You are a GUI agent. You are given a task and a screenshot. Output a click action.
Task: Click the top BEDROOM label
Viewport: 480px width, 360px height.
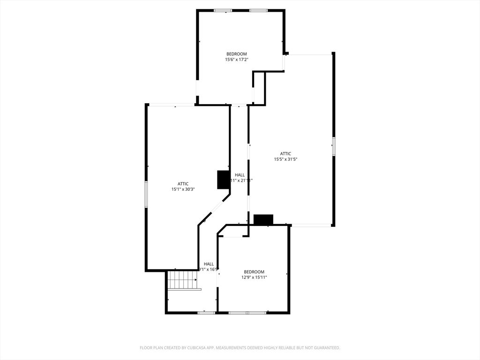pos(236,54)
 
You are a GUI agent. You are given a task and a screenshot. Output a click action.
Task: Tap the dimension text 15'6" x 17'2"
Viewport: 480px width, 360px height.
pos(236,60)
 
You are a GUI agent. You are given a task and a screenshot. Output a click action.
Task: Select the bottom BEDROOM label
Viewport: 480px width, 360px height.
pos(254,272)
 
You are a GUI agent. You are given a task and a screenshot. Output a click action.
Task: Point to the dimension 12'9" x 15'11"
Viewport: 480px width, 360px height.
pos(254,277)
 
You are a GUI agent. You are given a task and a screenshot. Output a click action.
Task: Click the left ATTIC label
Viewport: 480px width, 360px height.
pos(183,184)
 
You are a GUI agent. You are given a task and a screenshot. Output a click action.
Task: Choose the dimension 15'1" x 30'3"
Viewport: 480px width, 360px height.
pos(183,189)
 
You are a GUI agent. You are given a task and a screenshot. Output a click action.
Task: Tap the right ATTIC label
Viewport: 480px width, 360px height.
pos(285,154)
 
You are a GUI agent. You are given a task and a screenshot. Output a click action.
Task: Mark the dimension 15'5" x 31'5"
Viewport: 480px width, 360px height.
pos(285,159)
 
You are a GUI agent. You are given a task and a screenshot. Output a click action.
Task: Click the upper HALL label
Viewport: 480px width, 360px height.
pos(240,175)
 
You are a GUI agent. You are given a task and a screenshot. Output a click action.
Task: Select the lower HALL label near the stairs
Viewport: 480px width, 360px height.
pos(209,264)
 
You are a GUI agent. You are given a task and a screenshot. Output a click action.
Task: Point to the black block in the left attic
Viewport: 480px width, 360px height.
pos(223,180)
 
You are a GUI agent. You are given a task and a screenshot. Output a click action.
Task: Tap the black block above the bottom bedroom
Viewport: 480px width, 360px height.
pos(263,219)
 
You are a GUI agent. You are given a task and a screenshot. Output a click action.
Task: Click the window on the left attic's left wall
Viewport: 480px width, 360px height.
pos(146,194)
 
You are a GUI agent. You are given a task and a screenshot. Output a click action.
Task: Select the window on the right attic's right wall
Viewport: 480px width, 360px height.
pos(333,146)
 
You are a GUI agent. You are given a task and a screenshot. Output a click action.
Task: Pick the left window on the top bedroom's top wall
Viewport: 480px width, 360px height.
pos(223,10)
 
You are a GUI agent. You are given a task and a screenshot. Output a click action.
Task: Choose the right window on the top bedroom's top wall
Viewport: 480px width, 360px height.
pos(258,10)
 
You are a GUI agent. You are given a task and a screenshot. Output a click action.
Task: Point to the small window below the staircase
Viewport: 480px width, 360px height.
pos(206,312)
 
